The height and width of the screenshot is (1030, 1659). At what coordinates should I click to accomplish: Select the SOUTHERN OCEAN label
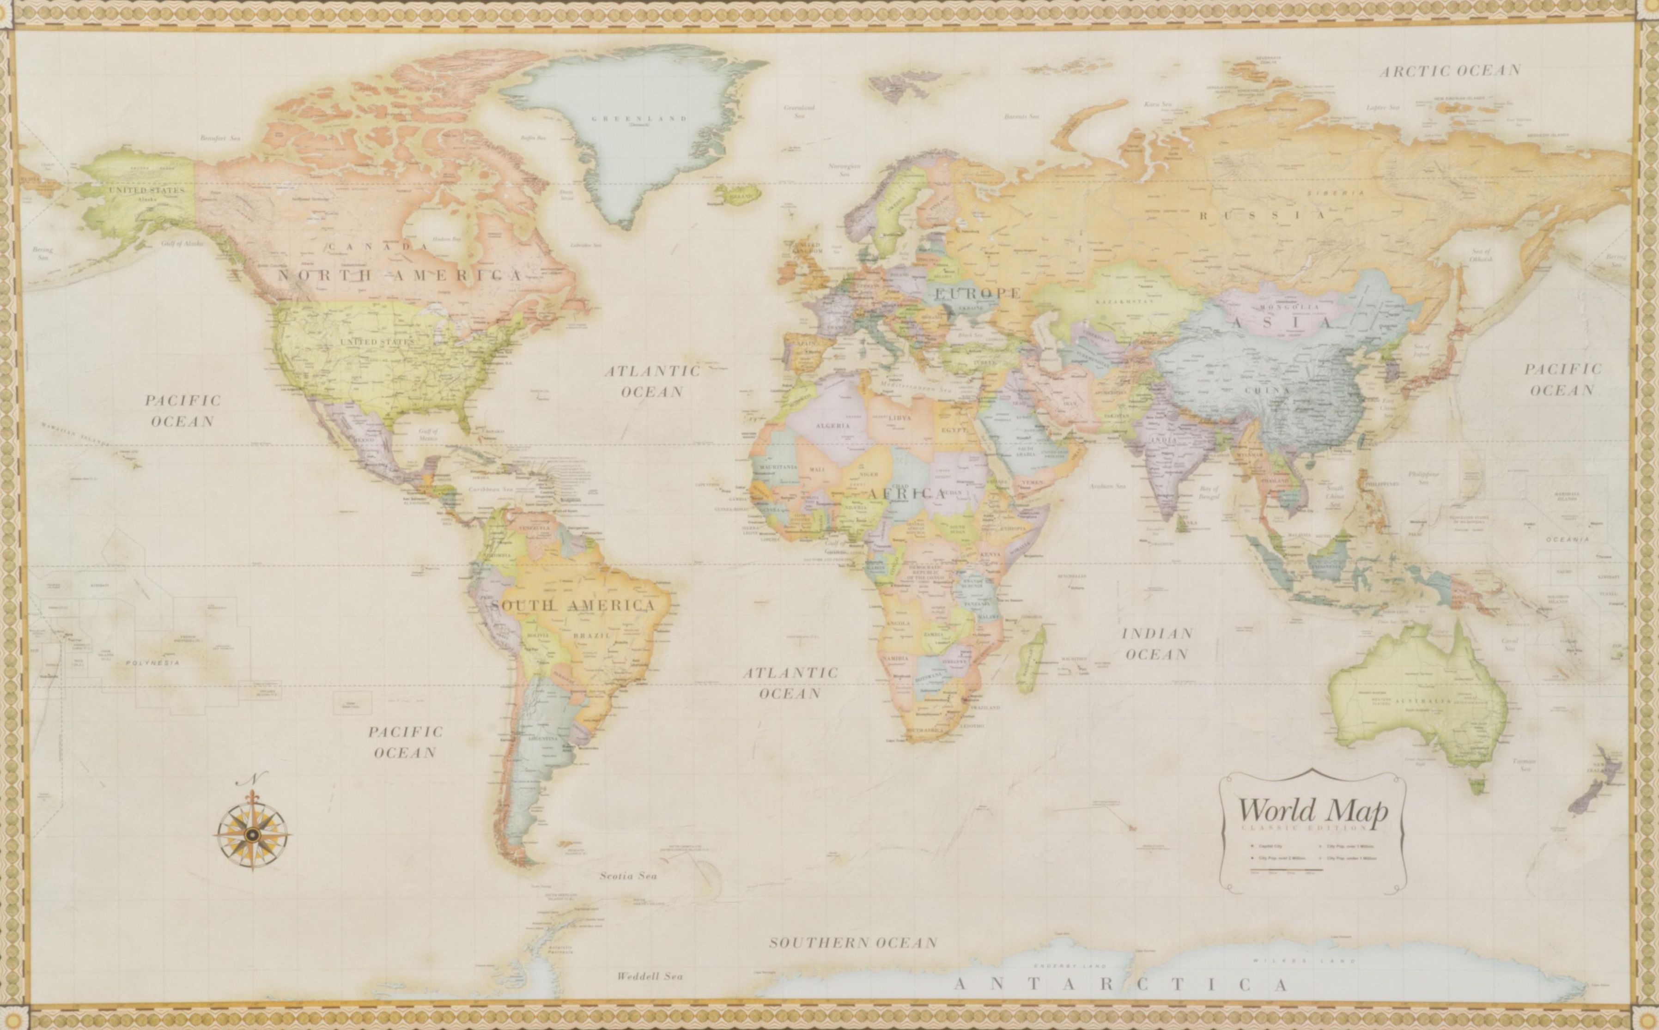[853, 943]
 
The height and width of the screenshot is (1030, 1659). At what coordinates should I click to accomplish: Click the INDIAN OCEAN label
[1157, 644]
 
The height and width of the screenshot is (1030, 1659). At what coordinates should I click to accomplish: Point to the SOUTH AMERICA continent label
[573, 605]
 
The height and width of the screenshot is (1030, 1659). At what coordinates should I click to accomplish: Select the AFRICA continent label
[905, 493]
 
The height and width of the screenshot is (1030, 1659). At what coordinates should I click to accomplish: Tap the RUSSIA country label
[1262, 215]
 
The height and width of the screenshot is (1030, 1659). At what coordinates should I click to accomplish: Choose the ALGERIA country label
[833, 425]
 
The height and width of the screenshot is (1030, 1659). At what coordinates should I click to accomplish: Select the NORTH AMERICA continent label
[400, 275]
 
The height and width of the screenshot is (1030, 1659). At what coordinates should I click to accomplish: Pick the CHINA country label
[1267, 390]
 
